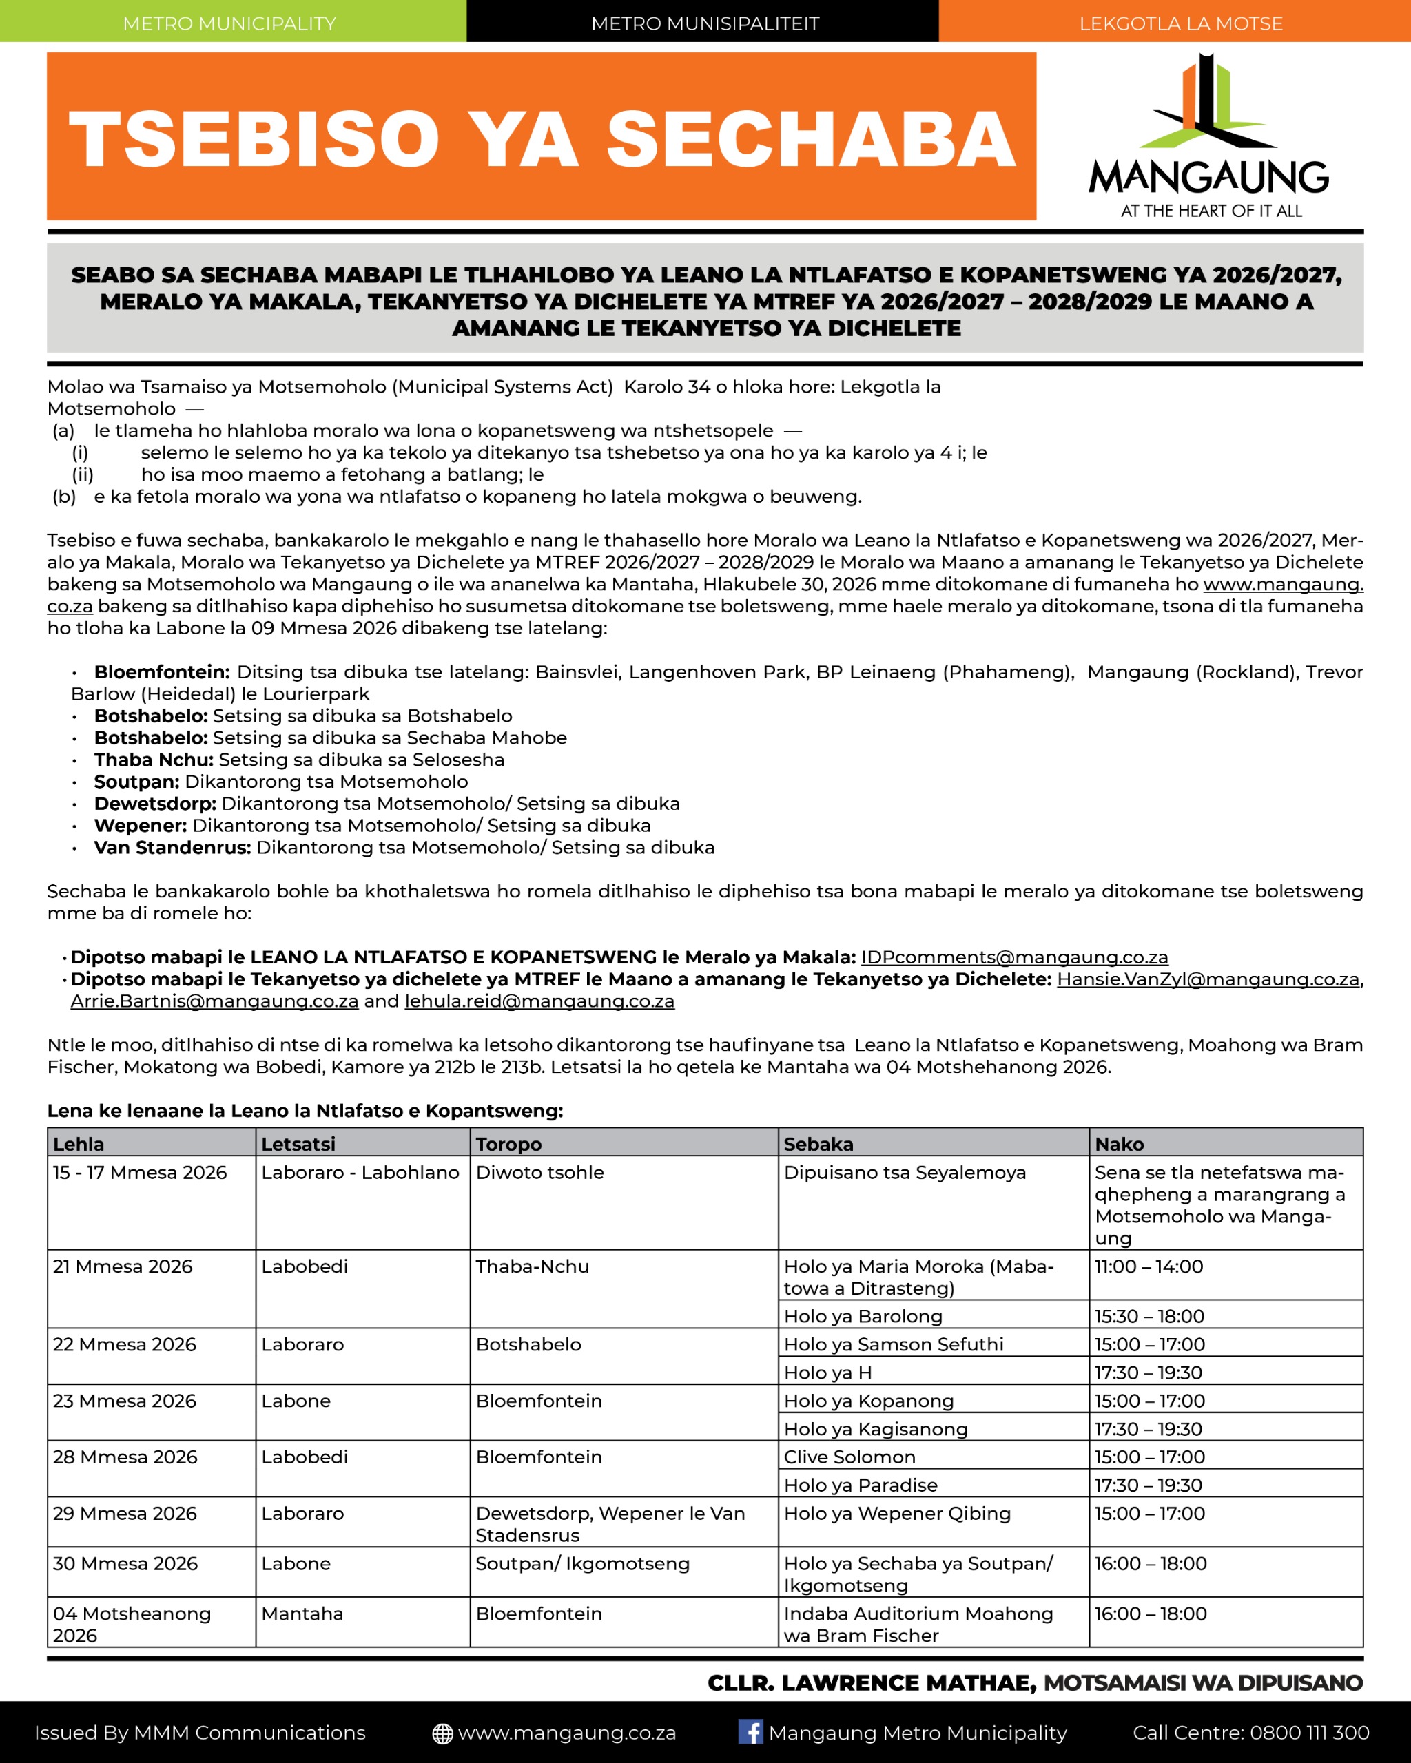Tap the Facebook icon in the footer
pyautogui.click(x=750, y=1732)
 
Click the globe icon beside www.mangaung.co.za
pyautogui.click(x=442, y=1733)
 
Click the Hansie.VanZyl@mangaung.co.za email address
pyautogui.click(x=1207, y=979)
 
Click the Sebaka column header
pyautogui.click(x=818, y=1144)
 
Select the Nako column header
pyautogui.click(x=1119, y=1144)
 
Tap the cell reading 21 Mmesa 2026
pyautogui.click(x=123, y=1266)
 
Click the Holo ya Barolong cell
pyautogui.click(x=863, y=1317)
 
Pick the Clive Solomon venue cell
pyautogui.click(x=849, y=1457)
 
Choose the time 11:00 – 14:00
pyautogui.click(x=1149, y=1266)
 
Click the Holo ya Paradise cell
pyautogui.click(x=861, y=1485)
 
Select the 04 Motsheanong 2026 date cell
pyautogui.click(x=132, y=1625)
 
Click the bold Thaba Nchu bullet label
pyautogui.click(x=153, y=760)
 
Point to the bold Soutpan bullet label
pyautogui.click(x=136, y=782)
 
